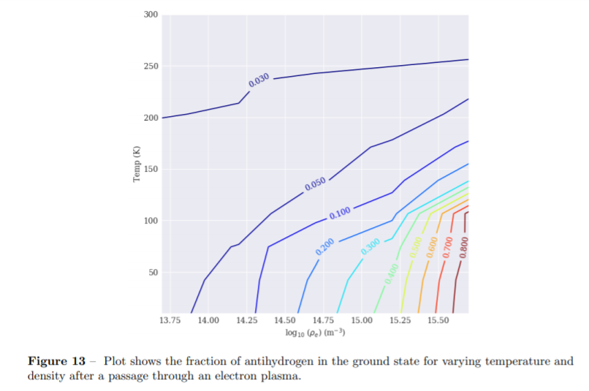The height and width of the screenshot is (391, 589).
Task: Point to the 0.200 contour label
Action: (x=325, y=246)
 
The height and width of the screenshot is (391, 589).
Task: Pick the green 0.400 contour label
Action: (x=392, y=273)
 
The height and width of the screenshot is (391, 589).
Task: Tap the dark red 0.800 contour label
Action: (x=464, y=246)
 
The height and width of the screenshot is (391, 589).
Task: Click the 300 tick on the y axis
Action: (x=151, y=15)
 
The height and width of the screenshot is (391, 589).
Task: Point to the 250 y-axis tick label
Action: (x=151, y=67)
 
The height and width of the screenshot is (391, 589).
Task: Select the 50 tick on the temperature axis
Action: (x=153, y=273)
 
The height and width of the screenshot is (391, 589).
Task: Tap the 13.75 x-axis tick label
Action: (x=170, y=320)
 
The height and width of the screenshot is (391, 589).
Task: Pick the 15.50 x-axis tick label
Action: (x=438, y=320)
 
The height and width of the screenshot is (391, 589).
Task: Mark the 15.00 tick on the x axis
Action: (x=362, y=320)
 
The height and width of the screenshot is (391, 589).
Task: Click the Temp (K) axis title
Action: (x=136, y=165)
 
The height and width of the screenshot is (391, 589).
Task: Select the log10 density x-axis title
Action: (x=315, y=333)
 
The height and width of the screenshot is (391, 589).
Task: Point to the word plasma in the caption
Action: (x=282, y=376)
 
